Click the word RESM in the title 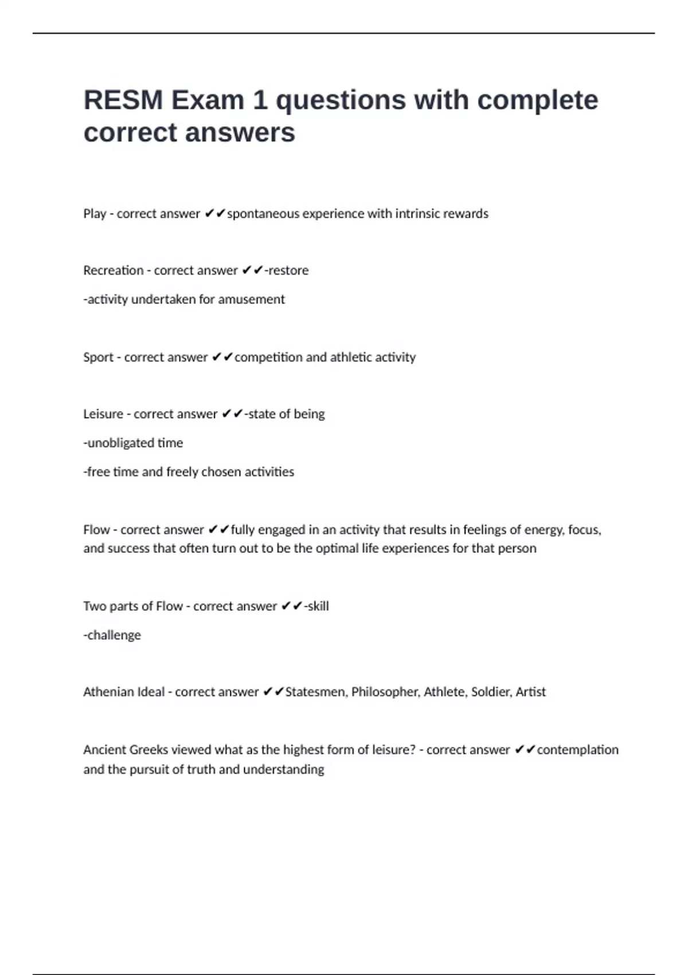pyautogui.click(x=123, y=100)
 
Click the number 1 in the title pyautogui.click(x=260, y=100)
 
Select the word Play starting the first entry pyautogui.click(x=95, y=214)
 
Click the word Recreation pyautogui.click(x=113, y=270)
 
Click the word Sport pyautogui.click(x=98, y=357)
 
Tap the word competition pyautogui.click(x=268, y=357)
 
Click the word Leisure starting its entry pyautogui.click(x=103, y=414)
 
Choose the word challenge pyautogui.click(x=114, y=635)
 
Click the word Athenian pyautogui.click(x=107, y=692)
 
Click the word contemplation pyautogui.click(x=577, y=750)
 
